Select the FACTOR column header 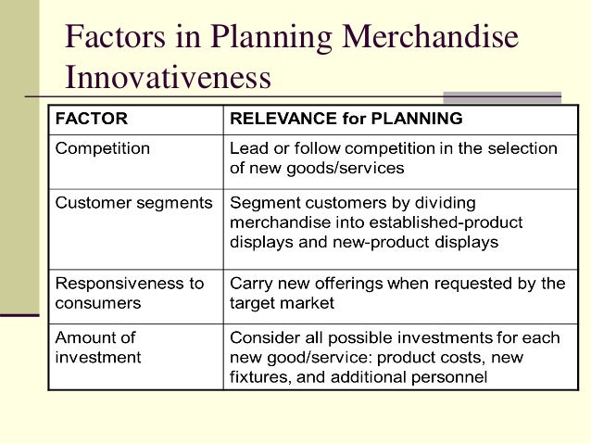click(93, 119)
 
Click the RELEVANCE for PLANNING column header click(346, 119)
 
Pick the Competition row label click(103, 148)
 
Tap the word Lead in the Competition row click(248, 148)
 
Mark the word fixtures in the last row click(258, 376)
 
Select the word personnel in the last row click(451, 376)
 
